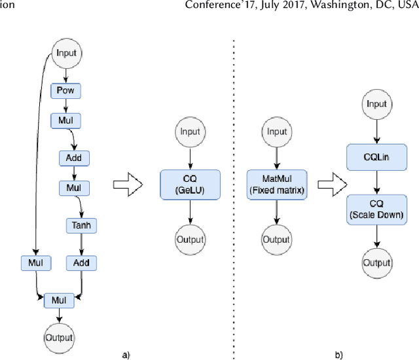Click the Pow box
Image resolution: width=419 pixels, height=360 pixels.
[x=65, y=91]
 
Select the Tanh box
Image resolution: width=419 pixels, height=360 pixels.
[x=82, y=226]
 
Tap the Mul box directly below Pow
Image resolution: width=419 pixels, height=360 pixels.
[x=65, y=121]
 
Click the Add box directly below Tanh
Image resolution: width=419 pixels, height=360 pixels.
[x=82, y=263]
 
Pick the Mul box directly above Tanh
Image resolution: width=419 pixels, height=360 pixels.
[x=74, y=189]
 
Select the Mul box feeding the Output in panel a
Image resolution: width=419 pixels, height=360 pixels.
[x=60, y=300]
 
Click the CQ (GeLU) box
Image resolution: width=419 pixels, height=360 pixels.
[x=190, y=185]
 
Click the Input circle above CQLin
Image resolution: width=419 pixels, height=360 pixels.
[x=376, y=104]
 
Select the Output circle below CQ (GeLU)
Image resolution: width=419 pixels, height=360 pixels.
[x=190, y=240]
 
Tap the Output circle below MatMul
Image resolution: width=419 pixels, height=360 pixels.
[x=276, y=240]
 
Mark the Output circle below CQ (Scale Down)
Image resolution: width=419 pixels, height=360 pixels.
[x=376, y=263]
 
